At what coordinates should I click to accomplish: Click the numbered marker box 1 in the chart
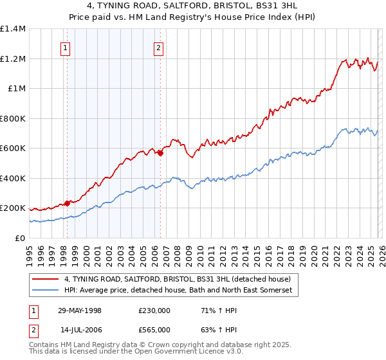coord(66,47)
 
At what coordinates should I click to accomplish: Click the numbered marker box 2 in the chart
coord(158,47)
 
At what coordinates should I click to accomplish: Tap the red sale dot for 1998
coord(68,203)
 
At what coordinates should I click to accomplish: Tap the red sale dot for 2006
coord(160,153)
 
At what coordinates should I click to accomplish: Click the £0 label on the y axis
coord(20,238)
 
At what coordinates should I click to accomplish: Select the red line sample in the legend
coord(45,279)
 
